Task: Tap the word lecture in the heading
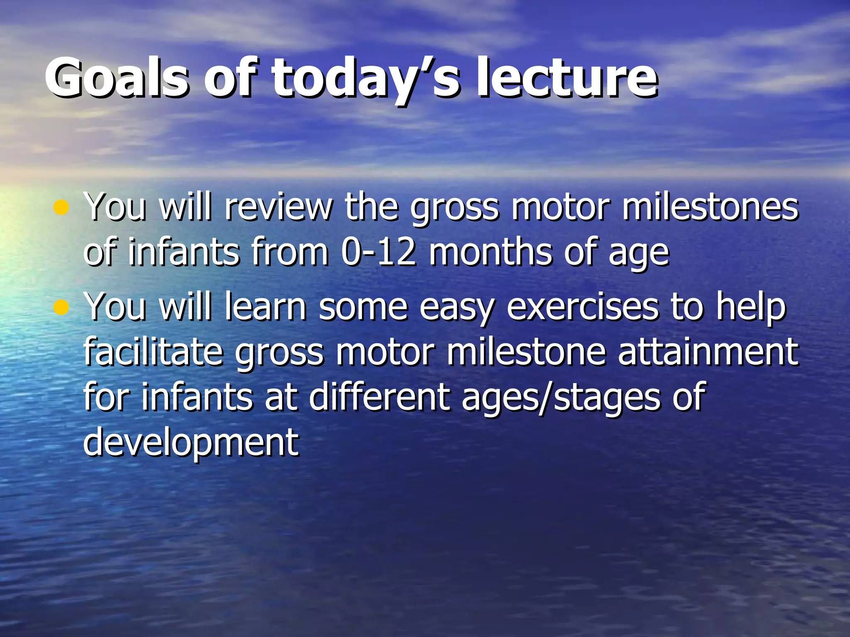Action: point(566,78)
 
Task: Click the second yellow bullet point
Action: point(61,307)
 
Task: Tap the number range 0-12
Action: point(378,252)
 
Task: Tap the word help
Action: point(751,307)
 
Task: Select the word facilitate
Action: point(154,352)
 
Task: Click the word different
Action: point(380,397)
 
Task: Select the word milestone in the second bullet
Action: point(527,352)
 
